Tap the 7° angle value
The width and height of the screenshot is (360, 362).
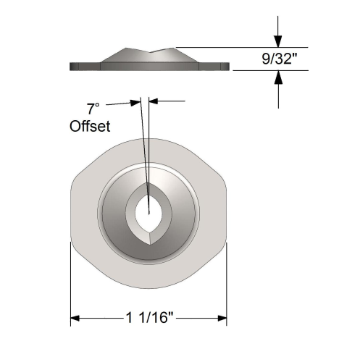[x=92, y=109]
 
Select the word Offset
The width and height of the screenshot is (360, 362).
[x=90, y=127]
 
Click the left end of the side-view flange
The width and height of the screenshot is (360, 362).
[x=71, y=67]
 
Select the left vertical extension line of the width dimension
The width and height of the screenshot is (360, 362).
[x=70, y=282]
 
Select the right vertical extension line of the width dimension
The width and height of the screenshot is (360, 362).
[x=227, y=282]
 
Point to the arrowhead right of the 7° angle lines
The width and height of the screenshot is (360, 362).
[x=154, y=102]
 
